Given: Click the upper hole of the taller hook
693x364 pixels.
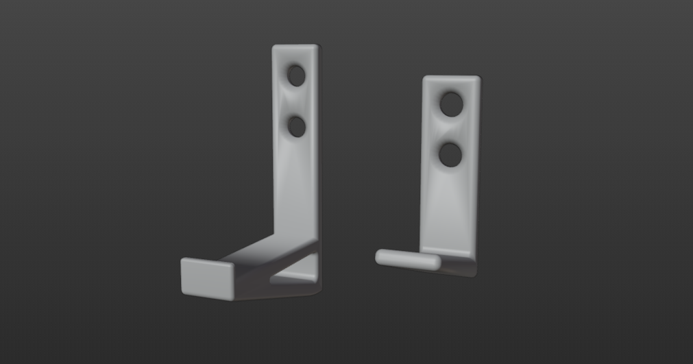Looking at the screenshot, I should click(296, 75).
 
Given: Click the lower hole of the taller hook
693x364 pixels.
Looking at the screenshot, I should click(296, 125).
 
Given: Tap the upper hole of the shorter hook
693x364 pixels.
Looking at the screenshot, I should click(450, 104).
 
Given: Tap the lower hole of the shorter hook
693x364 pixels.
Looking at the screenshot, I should click(450, 155).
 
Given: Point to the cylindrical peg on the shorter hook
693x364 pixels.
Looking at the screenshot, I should click(409, 258).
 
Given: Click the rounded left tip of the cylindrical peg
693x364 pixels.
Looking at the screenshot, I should click(379, 256).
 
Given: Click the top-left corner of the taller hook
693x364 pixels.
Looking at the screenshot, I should click(274, 48).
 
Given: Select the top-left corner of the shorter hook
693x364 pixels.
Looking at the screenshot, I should click(425, 78).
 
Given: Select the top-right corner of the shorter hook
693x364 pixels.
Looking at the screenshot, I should click(477, 78).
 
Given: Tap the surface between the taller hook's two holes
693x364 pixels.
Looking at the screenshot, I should click(296, 100).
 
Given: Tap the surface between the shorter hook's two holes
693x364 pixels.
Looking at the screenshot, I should click(450, 130).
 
